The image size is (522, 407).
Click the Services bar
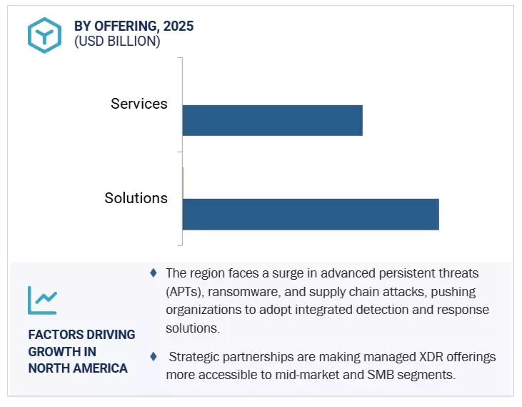[272, 120]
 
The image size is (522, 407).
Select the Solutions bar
[311, 215]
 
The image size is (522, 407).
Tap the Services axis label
[139, 104]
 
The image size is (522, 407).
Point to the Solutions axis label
[136, 198]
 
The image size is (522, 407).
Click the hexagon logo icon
[44, 34]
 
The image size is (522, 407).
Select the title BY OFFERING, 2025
[134, 26]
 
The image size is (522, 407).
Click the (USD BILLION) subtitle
[117, 41]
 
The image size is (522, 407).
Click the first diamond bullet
[154, 273]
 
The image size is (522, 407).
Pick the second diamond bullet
[154, 355]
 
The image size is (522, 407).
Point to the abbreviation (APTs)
[185, 292]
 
